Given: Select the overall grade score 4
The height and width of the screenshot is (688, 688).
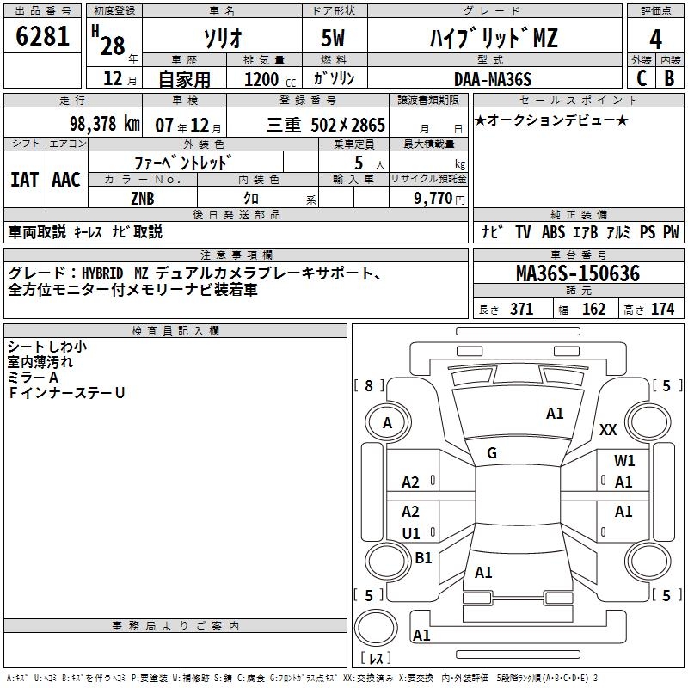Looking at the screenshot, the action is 655,39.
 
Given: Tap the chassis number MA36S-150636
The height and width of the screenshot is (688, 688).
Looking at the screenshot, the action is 578,274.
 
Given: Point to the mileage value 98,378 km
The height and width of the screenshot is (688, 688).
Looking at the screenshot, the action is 104,123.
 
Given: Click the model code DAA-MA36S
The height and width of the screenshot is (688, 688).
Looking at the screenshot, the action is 493,79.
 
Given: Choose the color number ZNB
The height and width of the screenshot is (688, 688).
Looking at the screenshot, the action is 143,199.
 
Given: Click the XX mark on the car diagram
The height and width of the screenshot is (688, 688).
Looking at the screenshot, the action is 608,430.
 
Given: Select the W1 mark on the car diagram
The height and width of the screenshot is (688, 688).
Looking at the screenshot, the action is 624,461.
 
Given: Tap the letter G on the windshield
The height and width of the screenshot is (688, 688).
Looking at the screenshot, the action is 492,453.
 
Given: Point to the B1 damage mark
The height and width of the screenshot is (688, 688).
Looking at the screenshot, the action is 423,558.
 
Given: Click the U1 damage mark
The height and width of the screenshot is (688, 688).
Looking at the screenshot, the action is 411,533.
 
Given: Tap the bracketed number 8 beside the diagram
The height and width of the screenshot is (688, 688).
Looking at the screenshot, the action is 369,386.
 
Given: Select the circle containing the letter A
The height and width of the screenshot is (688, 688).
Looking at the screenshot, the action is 387,422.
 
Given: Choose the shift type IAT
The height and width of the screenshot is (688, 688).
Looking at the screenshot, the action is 24,179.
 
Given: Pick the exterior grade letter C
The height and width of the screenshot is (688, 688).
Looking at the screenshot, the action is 640,79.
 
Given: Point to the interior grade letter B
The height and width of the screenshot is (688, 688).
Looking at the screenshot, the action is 670,79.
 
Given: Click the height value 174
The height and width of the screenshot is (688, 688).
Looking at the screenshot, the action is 663,309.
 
